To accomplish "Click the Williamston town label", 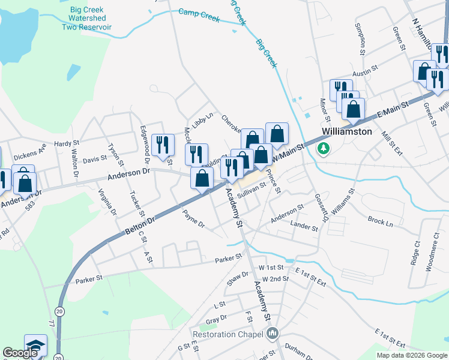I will (x=346, y=131).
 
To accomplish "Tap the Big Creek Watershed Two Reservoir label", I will (x=91, y=18).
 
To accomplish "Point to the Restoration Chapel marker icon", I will (x=273, y=334).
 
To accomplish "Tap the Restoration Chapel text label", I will (x=229, y=334).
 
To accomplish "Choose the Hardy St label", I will (x=67, y=143).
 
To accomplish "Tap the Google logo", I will (x=20, y=353).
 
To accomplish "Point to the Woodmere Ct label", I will (x=430, y=254).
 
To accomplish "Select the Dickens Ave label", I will (x=30, y=150).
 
